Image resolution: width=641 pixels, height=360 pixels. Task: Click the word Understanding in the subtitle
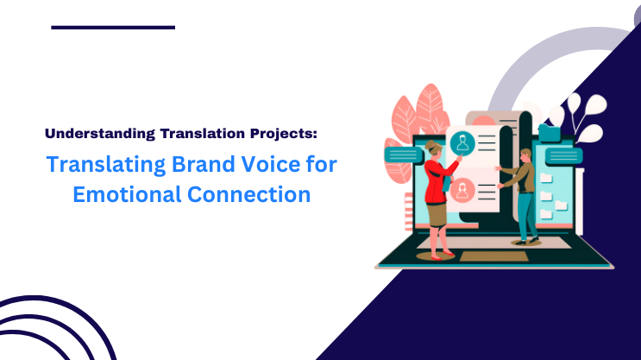[98, 134]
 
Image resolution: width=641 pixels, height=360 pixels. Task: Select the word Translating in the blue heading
[98, 164]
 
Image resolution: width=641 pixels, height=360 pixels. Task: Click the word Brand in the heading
[192, 164]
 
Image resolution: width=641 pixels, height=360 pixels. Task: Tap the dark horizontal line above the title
[113, 28]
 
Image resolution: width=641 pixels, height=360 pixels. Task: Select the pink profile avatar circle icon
[463, 188]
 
